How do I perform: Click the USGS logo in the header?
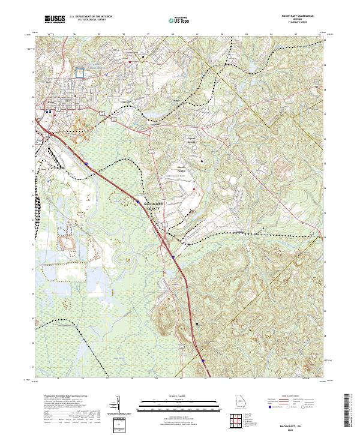pos(53,19)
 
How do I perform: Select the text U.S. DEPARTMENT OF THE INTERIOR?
pos(91,17)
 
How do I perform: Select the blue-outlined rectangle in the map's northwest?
pos(80,72)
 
